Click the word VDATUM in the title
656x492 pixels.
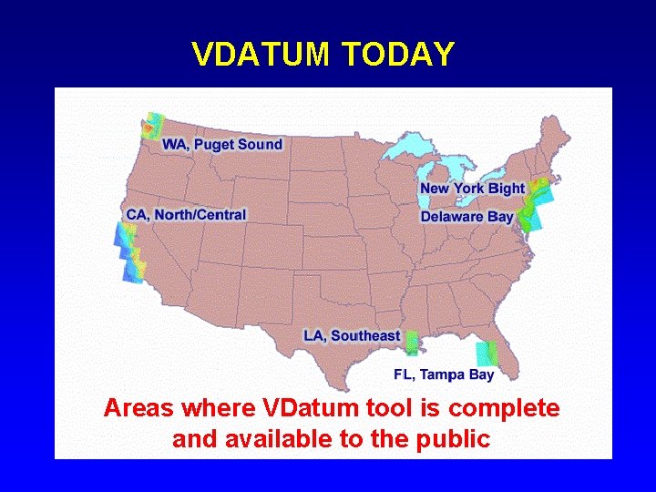click(260, 55)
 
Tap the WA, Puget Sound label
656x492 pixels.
click(221, 144)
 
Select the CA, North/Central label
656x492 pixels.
click(186, 214)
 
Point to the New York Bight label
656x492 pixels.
click(472, 189)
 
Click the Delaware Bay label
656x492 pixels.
click(466, 217)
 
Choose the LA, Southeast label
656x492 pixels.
click(352, 335)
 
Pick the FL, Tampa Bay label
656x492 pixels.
click(444, 374)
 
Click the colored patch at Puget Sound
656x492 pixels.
click(151, 128)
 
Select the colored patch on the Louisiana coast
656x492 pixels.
click(413, 343)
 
